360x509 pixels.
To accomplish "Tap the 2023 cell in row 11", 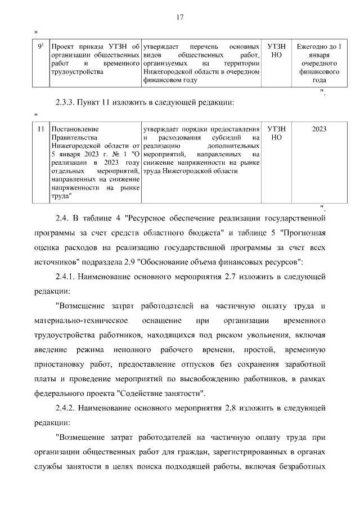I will point(319,129).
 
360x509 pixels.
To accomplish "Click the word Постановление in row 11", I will point(75,129).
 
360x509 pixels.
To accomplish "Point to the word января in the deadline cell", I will point(319,55).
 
